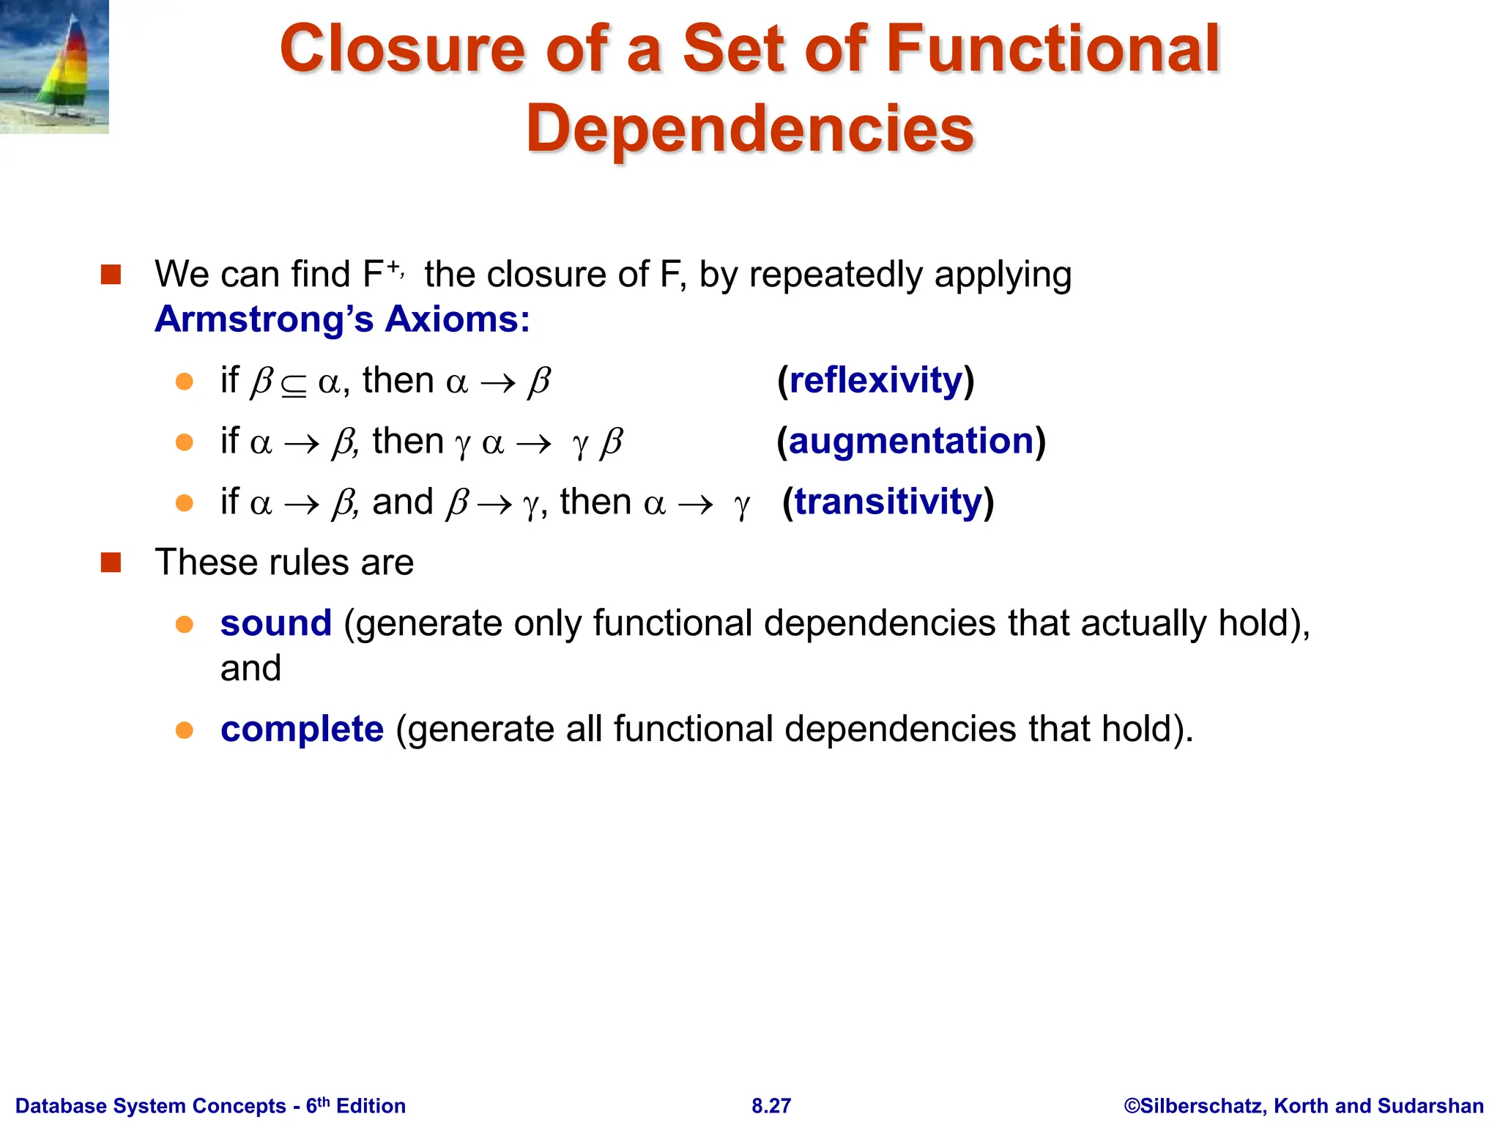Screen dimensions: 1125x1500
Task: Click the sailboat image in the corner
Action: click(54, 67)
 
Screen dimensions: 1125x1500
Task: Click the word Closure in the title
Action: click(402, 49)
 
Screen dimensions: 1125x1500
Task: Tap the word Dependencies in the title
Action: click(750, 129)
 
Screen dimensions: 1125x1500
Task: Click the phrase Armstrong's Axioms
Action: click(342, 319)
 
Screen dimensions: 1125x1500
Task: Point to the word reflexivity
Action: click(875, 380)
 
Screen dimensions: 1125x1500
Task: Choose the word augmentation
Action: click(910, 441)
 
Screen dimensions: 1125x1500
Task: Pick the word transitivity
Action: click(888, 502)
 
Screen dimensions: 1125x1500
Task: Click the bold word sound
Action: click(276, 623)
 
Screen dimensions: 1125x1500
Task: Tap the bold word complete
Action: click(302, 729)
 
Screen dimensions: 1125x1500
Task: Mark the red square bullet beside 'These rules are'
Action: click(111, 562)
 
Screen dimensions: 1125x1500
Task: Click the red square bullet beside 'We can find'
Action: click(111, 275)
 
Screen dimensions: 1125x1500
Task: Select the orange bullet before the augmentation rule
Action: click(185, 442)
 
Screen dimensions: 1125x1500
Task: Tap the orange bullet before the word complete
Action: click(185, 730)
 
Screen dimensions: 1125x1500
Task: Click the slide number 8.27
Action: click(771, 1106)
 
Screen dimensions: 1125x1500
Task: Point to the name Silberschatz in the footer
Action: click(1202, 1106)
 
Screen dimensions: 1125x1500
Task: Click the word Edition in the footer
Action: click(371, 1106)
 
